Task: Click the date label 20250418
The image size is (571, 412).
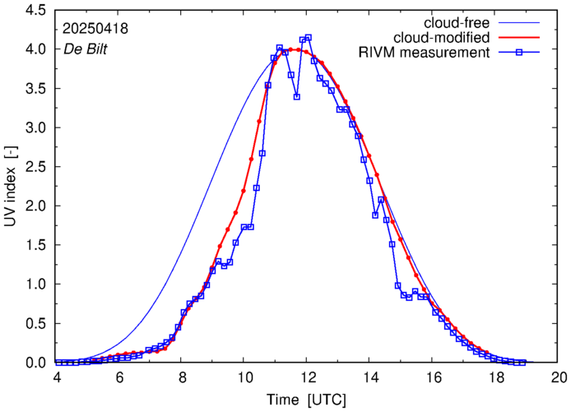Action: click(95, 28)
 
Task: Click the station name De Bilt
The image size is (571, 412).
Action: click(85, 48)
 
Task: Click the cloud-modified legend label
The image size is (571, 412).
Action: click(442, 38)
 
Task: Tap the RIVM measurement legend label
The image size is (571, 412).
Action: click(425, 53)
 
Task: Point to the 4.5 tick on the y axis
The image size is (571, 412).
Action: click(33, 11)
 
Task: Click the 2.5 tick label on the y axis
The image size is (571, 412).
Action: click(33, 167)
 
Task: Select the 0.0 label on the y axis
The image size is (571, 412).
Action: click(33, 363)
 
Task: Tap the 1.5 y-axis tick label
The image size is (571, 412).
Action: click(33, 245)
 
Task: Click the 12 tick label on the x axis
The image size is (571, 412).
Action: click(307, 377)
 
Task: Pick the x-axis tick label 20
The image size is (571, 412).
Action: click(559, 377)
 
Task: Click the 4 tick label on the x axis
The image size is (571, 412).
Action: click(57, 377)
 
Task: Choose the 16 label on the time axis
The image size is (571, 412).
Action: click(433, 377)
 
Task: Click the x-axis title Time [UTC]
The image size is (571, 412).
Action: click(307, 399)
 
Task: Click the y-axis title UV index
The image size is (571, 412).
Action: click(11, 187)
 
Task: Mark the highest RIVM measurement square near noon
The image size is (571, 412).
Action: click(309, 37)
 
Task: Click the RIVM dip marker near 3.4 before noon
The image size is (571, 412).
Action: click(296, 96)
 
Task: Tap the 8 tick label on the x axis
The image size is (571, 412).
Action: click(182, 377)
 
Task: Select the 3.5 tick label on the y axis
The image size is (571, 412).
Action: click(33, 89)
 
